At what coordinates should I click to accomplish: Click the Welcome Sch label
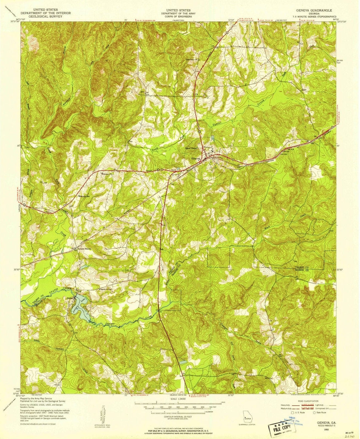pos(84,196)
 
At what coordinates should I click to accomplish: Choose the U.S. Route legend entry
pos(300,412)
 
